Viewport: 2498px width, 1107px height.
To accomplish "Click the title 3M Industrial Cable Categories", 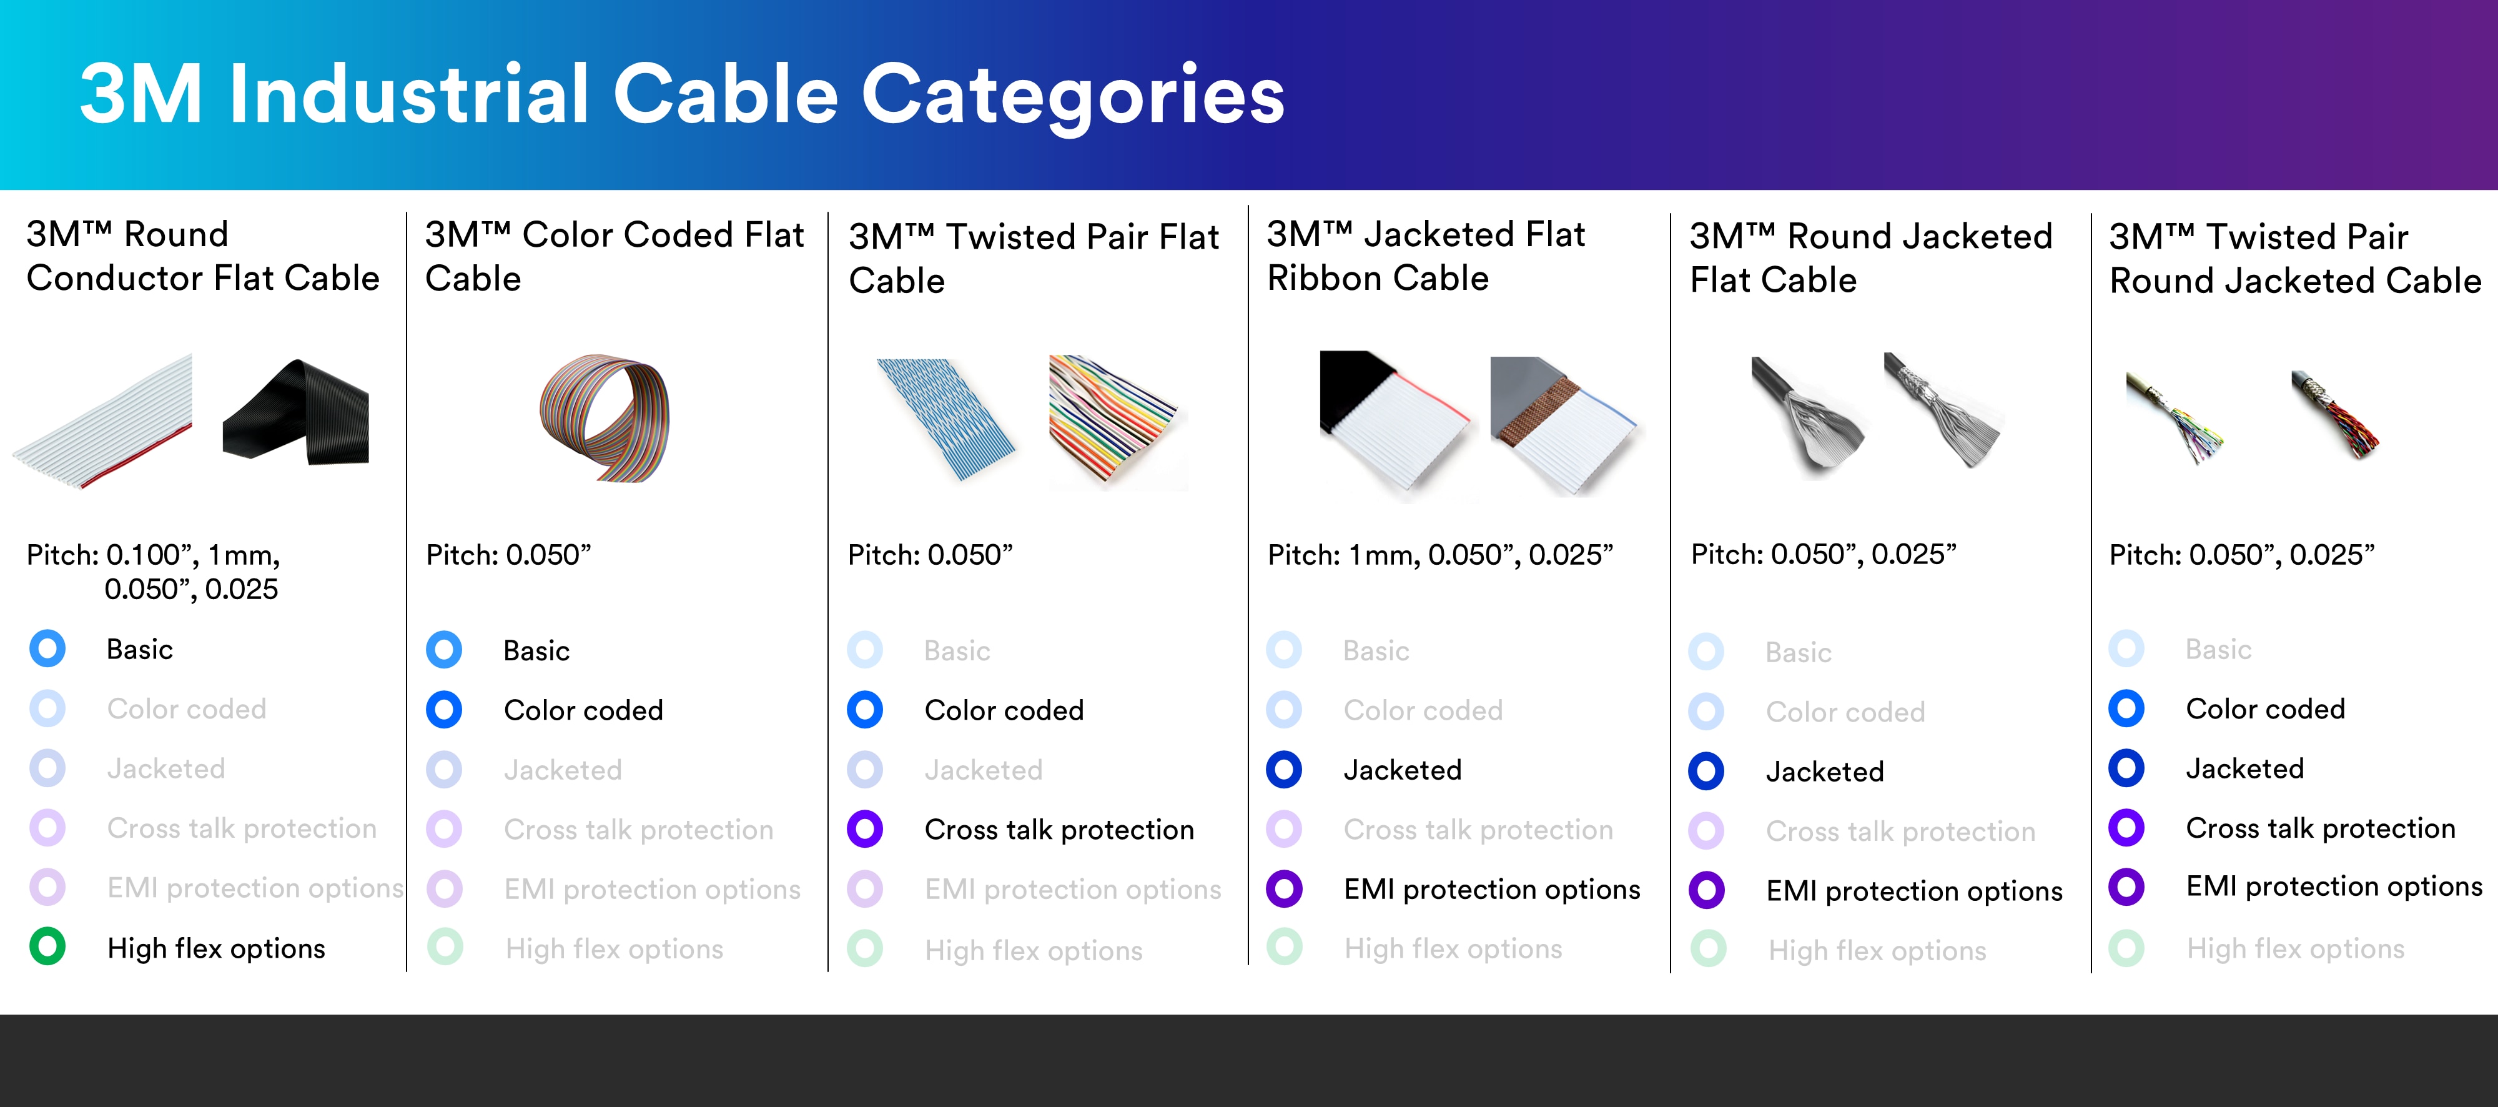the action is [682, 94].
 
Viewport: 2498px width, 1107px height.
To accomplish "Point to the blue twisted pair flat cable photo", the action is [945, 419].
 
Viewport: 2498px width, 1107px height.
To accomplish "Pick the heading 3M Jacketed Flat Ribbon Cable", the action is [1426, 256].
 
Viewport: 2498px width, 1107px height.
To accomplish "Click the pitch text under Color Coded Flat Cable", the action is [508, 555].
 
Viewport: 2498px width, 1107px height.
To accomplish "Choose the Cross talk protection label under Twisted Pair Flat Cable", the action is [1059, 830].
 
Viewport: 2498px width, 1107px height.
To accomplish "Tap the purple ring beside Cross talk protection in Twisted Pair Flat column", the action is [865, 830].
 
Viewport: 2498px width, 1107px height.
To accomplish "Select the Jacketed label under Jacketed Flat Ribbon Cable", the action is [1402, 770].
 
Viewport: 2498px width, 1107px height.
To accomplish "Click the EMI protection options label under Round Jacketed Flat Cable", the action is [1914, 891].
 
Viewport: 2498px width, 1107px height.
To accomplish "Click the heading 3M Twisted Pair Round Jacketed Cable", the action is [2294, 259].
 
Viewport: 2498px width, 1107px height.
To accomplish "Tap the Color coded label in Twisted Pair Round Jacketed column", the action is [2265, 709].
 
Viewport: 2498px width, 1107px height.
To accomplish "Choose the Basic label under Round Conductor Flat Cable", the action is [140, 649].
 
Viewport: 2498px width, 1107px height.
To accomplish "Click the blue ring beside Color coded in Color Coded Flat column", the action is [444, 710].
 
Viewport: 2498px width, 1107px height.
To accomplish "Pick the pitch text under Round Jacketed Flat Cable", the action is [1823, 554].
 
